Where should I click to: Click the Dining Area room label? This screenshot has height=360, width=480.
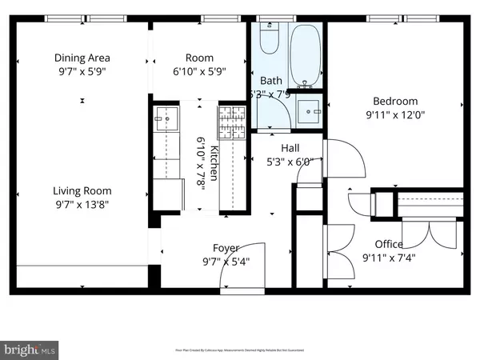pyautogui.click(x=82, y=58)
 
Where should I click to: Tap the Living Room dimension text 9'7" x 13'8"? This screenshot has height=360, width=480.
pyautogui.click(x=82, y=205)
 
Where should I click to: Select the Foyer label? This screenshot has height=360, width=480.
pyautogui.click(x=225, y=248)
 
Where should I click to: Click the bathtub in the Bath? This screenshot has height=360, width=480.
pyautogui.click(x=303, y=55)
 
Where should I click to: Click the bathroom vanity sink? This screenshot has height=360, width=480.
pyautogui.click(x=306, y=110)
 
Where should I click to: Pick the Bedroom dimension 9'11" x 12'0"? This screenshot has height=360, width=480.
pyautogui.click(x=395, y=115)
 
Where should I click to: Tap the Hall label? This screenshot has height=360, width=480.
pyautogui.click(x=290, y=148)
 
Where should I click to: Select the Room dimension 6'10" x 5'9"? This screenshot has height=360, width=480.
pyautogui.click(x=200, y=71)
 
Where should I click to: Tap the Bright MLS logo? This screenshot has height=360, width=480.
pyautogui.click(x=30, y=349)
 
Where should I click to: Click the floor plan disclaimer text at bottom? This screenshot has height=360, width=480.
pyautogui.click(x=240, y=350)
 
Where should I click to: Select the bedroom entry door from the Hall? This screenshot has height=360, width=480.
pyautogui.click(x=346, y=160)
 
